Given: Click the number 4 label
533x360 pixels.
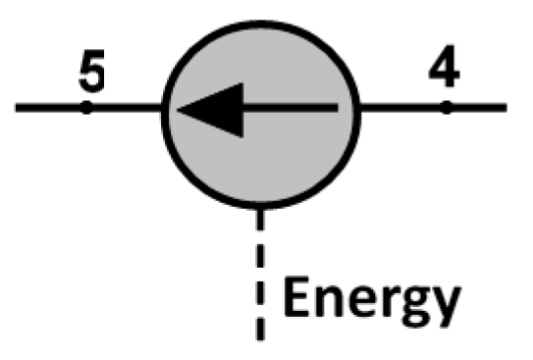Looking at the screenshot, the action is click(x=446, y=70).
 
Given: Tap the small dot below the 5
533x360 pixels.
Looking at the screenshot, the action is click(x=86, y=107).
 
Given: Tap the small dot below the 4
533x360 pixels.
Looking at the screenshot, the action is click(x=446, y=107).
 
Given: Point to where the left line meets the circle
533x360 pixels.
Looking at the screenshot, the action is click(x=164, y=107).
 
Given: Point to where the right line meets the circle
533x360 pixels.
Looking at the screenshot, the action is click(x=362, y=107).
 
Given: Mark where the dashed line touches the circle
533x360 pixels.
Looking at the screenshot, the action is click(x=261, y=208).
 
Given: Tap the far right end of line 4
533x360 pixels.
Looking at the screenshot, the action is click(x=505, y=107).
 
